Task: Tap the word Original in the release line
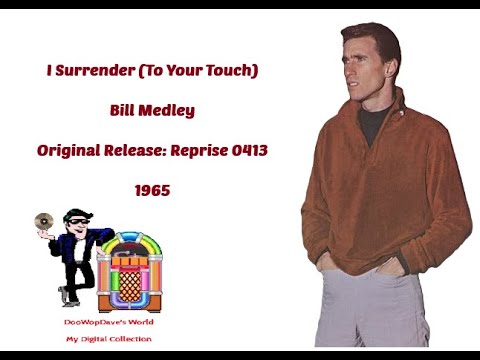68,149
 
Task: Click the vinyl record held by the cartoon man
44,220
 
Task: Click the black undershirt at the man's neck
371,126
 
